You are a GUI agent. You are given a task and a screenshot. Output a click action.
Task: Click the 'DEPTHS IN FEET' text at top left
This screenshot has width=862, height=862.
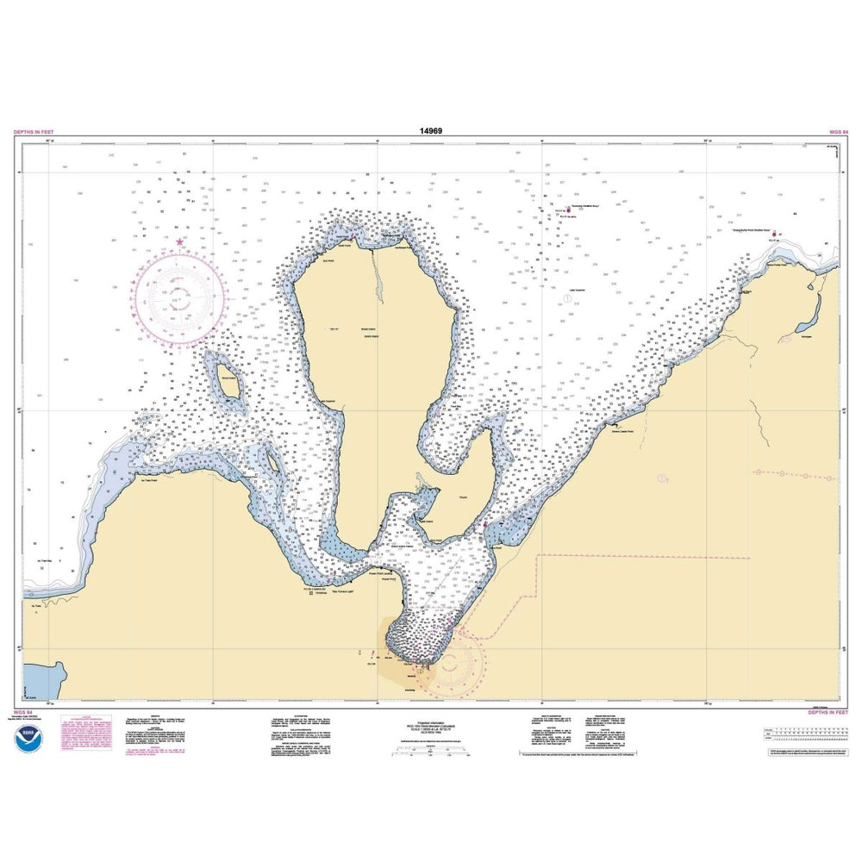coord(34,132)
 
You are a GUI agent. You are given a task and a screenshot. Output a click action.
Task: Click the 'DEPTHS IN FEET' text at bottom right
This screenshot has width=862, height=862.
coord(828,713)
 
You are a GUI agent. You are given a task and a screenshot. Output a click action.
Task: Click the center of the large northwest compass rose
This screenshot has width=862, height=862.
coord(181,298)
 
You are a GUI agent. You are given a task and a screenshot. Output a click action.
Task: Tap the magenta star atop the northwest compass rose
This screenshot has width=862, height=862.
coord(179,242)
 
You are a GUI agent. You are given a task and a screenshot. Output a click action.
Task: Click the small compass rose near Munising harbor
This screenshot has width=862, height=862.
coord(451,663)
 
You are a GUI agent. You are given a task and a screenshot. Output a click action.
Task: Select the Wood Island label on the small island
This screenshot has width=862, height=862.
coord(227,378)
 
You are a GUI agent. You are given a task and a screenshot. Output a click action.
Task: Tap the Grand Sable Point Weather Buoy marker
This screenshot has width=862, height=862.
coord(774,233)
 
